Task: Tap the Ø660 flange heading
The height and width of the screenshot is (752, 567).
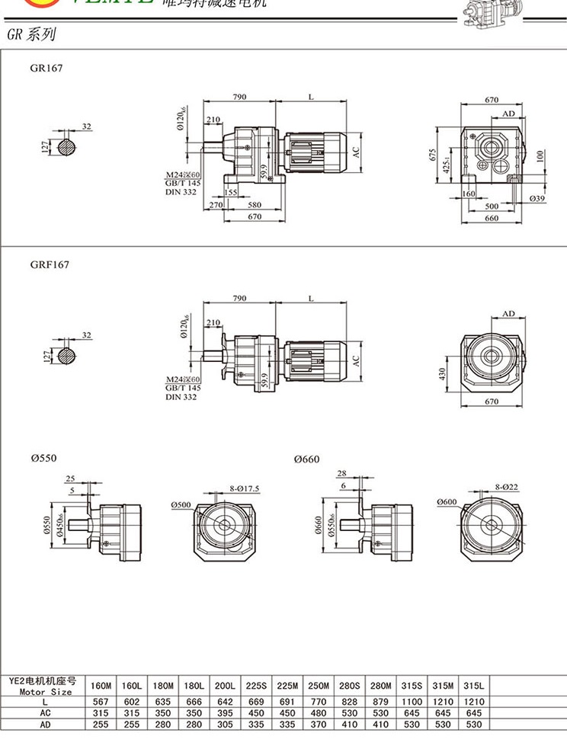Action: click(307, 459)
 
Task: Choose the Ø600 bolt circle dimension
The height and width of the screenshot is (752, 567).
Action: click(450, 501)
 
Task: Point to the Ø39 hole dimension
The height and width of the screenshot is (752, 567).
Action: click(537, 197)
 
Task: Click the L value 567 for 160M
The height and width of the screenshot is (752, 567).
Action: click(101, 700)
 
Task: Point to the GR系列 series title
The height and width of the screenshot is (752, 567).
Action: click(30, 35)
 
